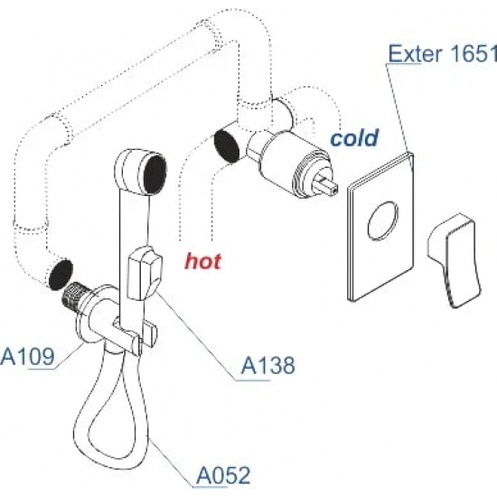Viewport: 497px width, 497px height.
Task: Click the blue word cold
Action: point(354,138)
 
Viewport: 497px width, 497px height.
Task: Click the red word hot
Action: point(202,262)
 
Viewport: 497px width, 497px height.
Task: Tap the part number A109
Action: point(28,357)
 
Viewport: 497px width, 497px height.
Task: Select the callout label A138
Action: point(267,365)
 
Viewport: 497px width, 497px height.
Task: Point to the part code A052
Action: point(223,475)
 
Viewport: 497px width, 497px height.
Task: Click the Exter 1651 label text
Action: point(443,54)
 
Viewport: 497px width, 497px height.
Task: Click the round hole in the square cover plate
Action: point(383,221)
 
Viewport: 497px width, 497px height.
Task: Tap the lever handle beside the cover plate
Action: point(454,260)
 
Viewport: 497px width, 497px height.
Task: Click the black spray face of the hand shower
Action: point(155,173)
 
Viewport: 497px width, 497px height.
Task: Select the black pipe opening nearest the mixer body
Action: point(227,146)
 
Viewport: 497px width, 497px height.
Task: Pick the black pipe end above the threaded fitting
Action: point(61,275)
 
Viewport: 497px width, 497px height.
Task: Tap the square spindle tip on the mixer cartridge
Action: point(330,187)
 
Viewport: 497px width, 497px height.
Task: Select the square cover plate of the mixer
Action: point(381,226)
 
